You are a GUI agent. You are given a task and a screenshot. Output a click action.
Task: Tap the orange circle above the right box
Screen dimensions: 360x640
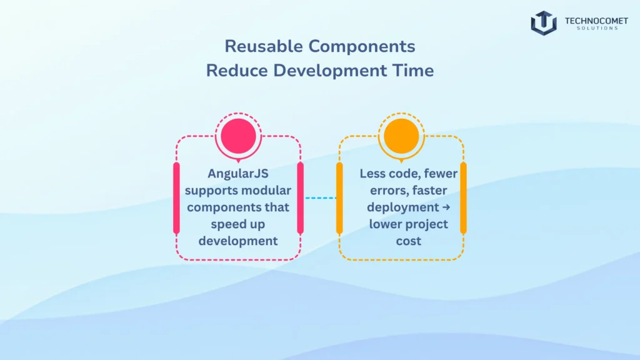[401, 136]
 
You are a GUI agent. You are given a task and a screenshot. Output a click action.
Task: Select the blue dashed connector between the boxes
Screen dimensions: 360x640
[320, 198]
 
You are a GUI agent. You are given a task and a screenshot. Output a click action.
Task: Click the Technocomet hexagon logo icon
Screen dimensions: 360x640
[544, 23]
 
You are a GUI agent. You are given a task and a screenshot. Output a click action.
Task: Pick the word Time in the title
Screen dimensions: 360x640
[411, 70]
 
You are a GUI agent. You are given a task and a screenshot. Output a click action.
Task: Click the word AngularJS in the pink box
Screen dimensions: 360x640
[237, 174]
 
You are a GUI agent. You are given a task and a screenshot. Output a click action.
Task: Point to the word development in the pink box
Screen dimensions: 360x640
[238, 240]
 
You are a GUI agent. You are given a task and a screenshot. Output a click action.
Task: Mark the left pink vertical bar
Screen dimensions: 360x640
[176, 198]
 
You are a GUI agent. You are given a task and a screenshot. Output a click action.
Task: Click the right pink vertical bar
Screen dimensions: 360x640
[300, 198]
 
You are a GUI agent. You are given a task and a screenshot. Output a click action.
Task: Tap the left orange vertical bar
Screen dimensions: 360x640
[339, 198]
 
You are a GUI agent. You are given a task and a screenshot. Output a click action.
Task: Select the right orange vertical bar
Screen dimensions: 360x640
[463, 198]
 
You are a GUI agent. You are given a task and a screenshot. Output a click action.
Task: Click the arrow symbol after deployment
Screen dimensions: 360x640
[444, 207]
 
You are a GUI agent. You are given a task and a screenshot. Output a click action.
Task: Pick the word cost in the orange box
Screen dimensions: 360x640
[408, 240]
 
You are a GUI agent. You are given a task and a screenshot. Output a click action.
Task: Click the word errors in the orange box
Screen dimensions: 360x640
[382, 191]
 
